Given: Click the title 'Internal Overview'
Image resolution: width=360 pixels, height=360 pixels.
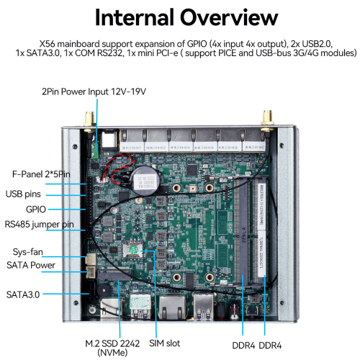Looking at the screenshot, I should click(180, 17).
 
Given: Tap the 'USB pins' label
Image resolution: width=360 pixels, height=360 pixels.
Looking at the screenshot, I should click(28, 193).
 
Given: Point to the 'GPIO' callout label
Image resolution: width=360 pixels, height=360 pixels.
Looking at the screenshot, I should click(36, 209).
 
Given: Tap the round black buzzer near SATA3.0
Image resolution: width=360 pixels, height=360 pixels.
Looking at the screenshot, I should click(105, 288).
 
